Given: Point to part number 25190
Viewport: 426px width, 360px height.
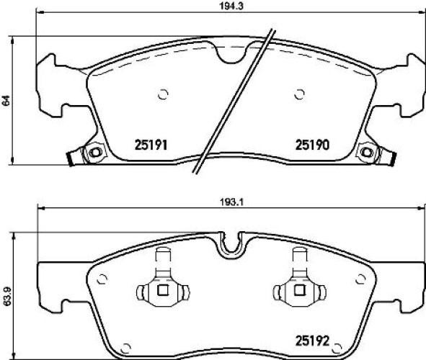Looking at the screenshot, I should pos(312,144).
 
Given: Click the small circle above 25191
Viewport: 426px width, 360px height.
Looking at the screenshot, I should pos(162,93).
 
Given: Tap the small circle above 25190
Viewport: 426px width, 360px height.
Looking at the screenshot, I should pos(299,93).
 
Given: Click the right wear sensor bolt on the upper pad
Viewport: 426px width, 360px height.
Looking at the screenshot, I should pos(367,153).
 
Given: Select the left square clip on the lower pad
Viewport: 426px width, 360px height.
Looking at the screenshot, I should pos(162,290).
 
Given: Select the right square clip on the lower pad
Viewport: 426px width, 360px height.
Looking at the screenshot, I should pos(298,290).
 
